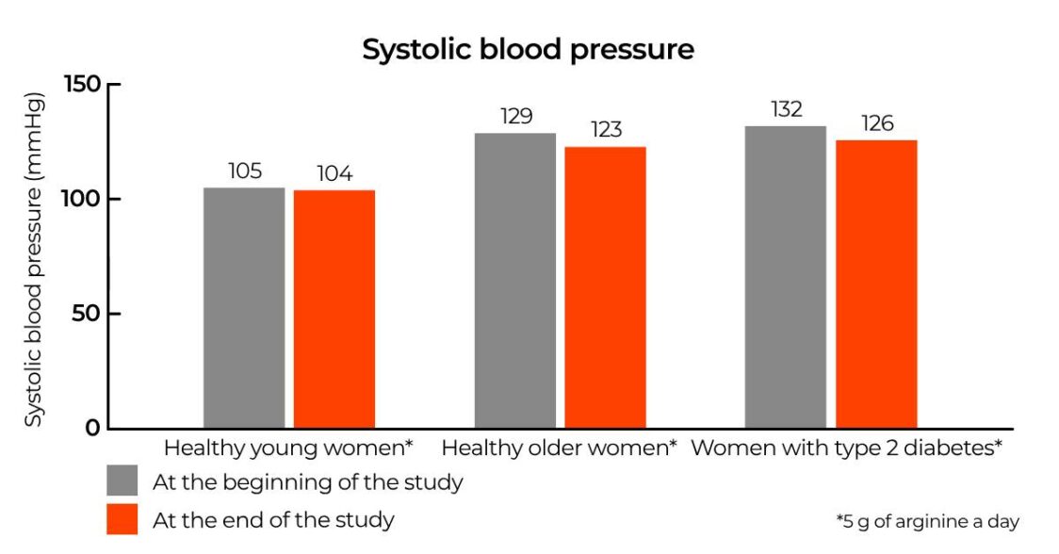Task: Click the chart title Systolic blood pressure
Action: (x=528, y=49)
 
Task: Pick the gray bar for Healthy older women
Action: (x=514, y=280)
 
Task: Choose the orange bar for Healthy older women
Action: (x=605, y=287)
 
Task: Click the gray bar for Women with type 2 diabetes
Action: (x=785, y=277)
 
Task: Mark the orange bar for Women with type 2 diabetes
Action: (x=876, y=284)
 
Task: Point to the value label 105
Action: (x=244, y=171)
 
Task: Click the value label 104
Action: (x=334, y=174)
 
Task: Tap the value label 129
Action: (x=515, y=117)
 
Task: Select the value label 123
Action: (x=606, y=130)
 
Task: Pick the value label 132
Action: (x=785, y=109)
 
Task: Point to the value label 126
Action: (x=876, y=123)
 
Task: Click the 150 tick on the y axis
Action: (x=81, y=85)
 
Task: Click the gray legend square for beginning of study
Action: (x=122, y=481)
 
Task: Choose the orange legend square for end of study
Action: (x=122, y=518)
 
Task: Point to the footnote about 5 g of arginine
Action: (x=927, y=521)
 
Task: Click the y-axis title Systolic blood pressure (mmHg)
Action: (x=34, y=258)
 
